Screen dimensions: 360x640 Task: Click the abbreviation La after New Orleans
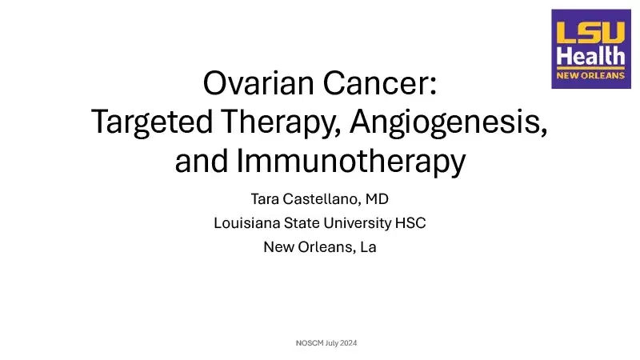[367, 246]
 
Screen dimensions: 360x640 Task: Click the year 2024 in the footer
[347, 343]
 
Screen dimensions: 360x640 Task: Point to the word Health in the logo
[590, 56]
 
